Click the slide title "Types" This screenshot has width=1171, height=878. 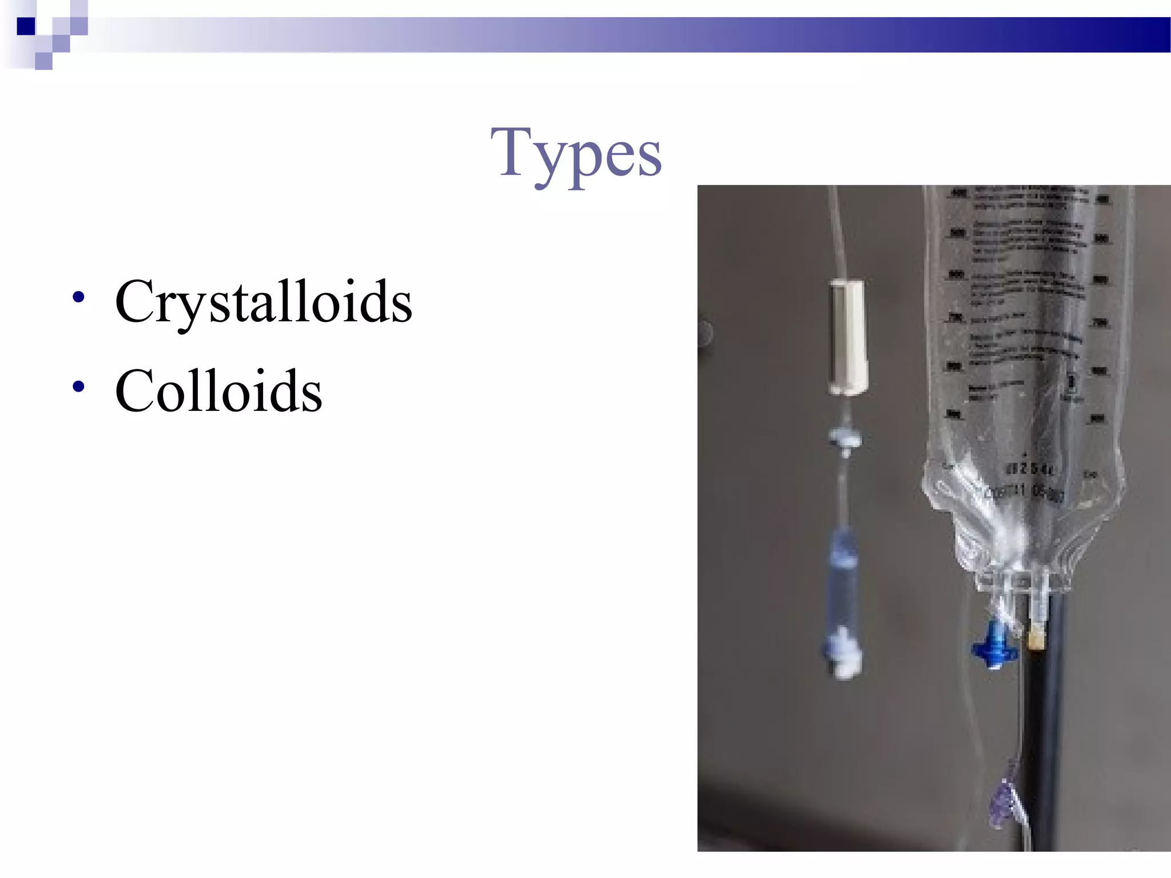pyautogui.click(x=576, y=153)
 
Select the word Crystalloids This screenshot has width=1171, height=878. pyautogui.click(x=263, y=301)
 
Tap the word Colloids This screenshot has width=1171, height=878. pyautogui.click(x=218, y=390)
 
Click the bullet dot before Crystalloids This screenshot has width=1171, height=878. pyautogui.click(x=79, y=297)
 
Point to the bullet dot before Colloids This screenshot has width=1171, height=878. pyautogui.click(x=79, y=387)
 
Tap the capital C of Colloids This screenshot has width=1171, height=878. pyautogui.click(x=134, y=390)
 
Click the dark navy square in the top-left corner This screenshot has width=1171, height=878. pyautogui.click(x=26, y=26)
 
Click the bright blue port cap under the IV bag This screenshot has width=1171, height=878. pyautogui.click(x=995, y=646)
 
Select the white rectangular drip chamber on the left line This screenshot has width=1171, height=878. pyautogui.click(x=849, y=337)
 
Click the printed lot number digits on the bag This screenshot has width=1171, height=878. pyautogui.click(x=1029, y=470)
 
